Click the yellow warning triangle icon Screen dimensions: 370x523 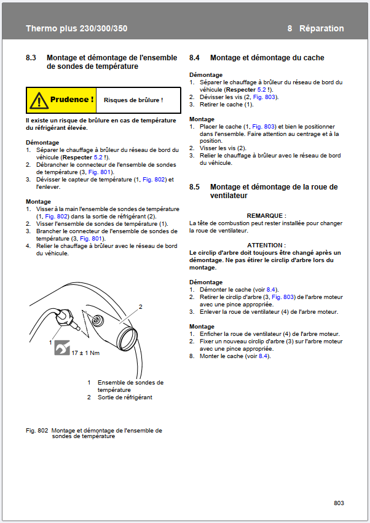coord(39,100)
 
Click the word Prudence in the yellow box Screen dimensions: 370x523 coord(69,100)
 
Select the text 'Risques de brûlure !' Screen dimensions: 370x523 coord(133,100)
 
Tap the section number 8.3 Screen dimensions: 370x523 coord(31,58)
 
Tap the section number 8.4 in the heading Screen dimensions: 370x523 coord(194,58)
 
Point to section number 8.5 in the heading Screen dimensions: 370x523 coord(194,187)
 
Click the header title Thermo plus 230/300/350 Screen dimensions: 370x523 coord(77,28)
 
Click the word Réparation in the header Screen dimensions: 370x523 coord(321,28)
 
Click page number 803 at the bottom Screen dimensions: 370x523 coord(339,503)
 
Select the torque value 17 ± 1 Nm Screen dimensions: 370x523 coord(85,353)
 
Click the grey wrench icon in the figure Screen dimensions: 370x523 coord(62,348)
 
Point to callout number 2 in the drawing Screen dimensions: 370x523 coord(141,306)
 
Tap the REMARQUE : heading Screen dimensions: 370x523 coord(266,216)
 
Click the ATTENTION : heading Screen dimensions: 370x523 coord(266,245)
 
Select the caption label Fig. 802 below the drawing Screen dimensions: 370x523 coord(37,431)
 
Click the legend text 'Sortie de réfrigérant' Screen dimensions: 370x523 coord(125,397)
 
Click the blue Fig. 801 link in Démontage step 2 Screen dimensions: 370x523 coord(99,172)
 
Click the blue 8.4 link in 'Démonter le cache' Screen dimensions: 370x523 coord(271,290)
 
